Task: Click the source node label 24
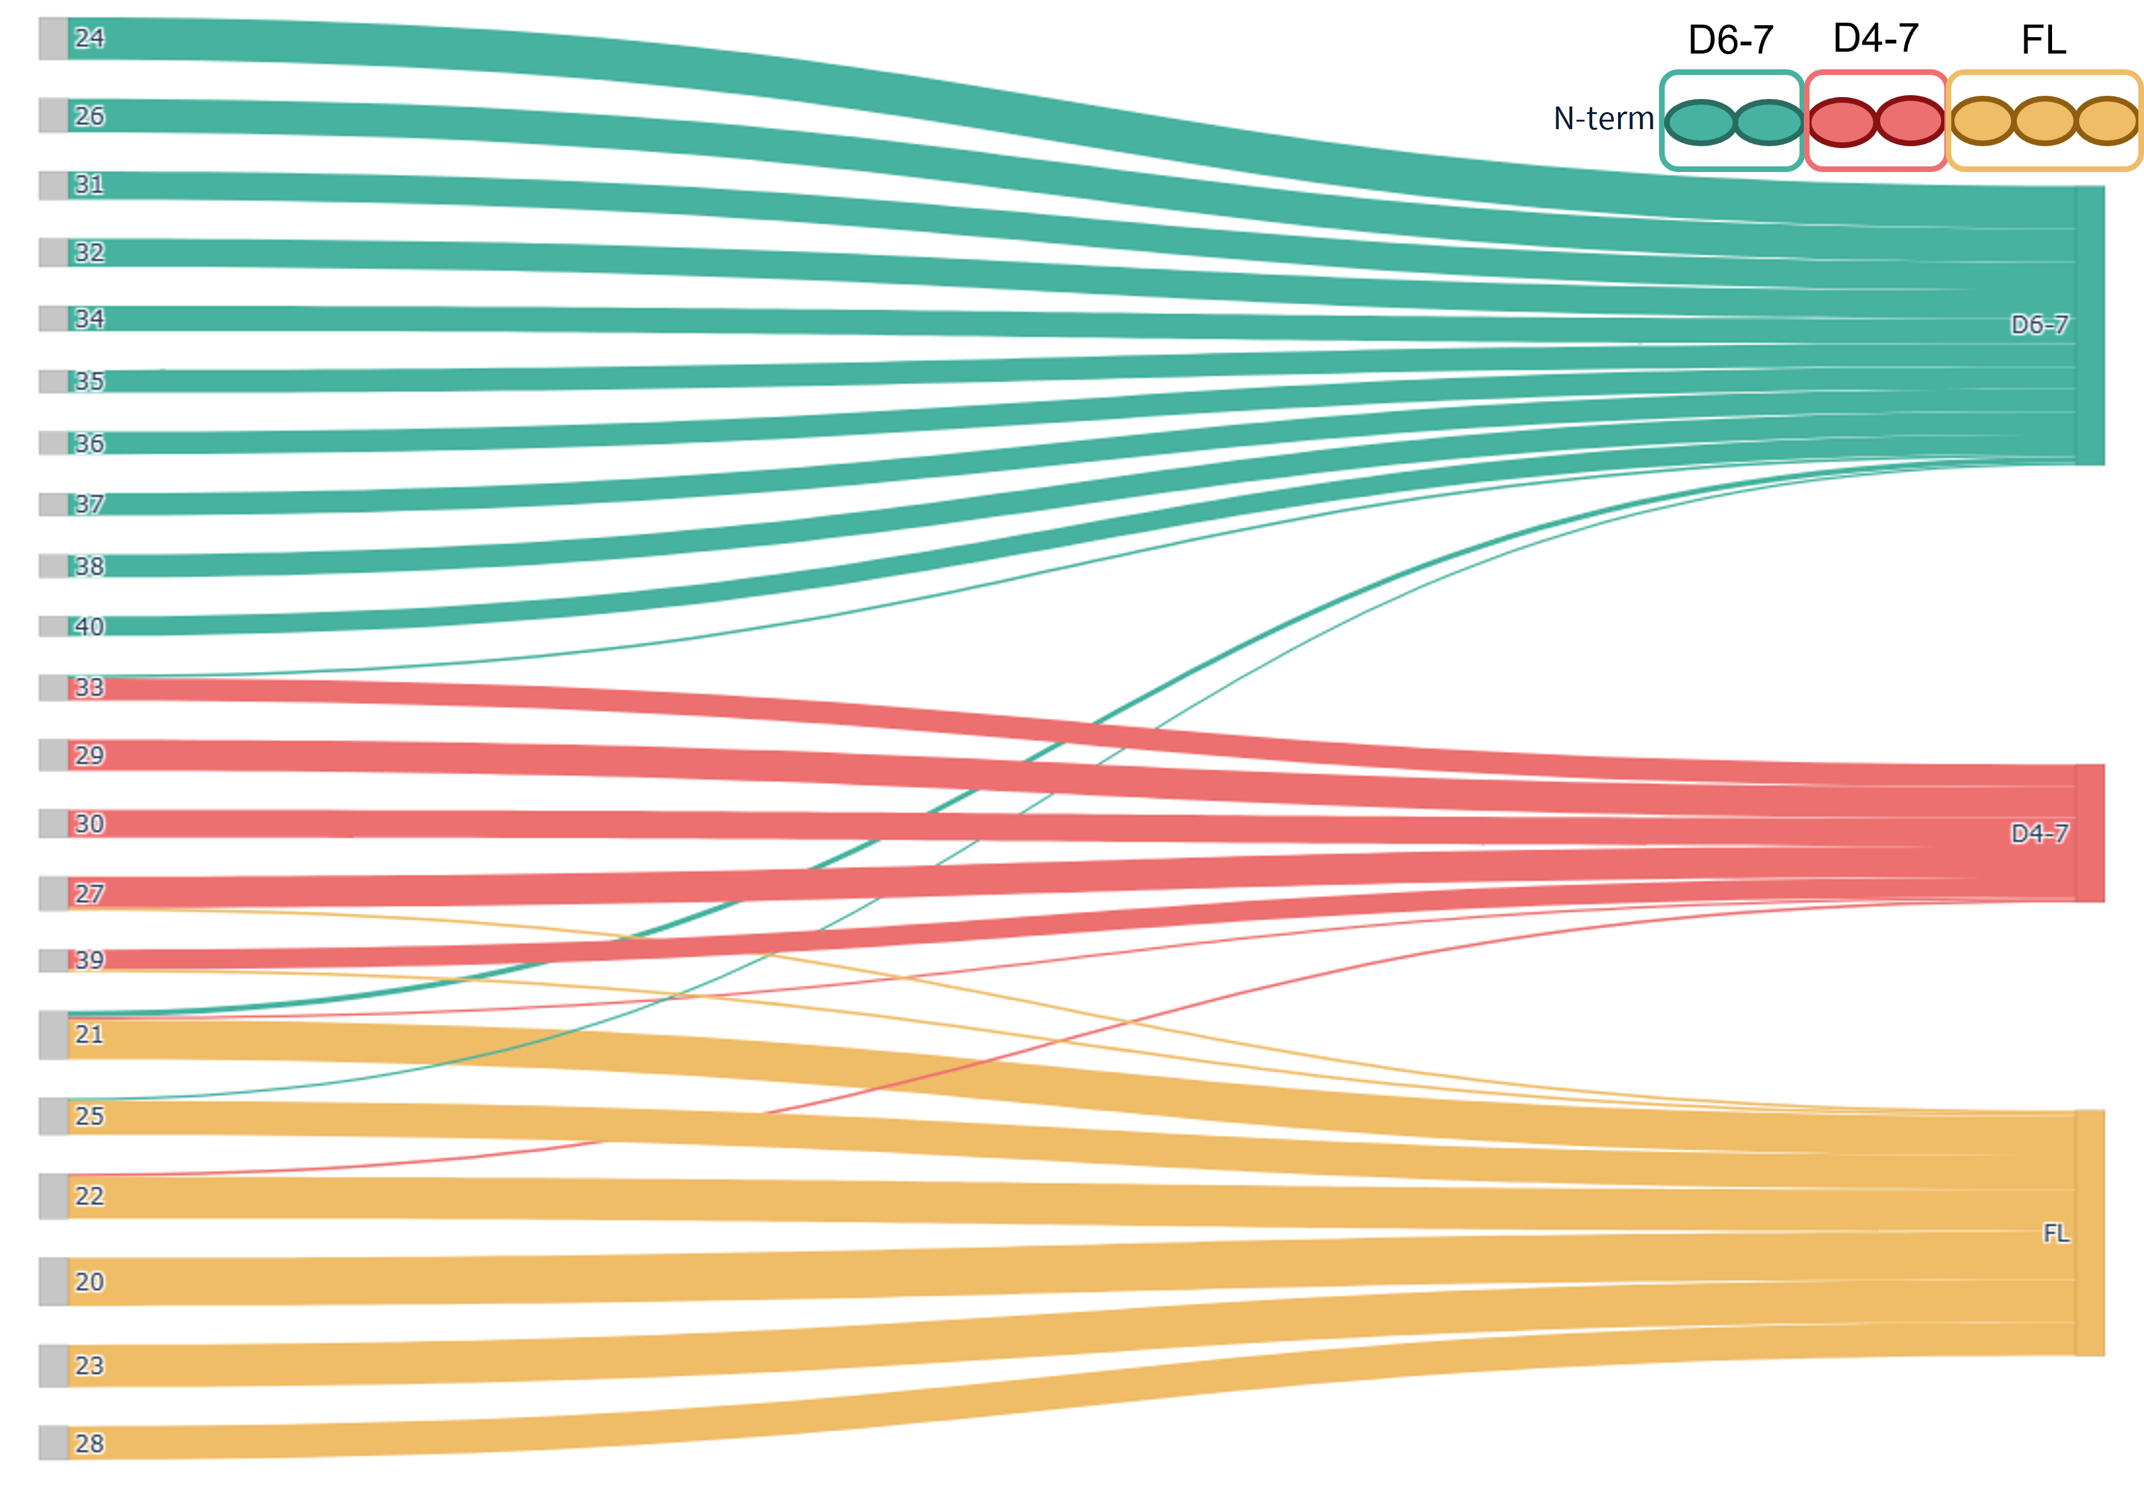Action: [x=89, y=38]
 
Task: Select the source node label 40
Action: [x=89, y=627]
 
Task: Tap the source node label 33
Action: [x=89, y=688]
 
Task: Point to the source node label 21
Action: [x=89, y=1034]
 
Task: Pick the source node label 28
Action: [x=89, y=1444]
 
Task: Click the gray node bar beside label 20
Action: [x=54, y=1282]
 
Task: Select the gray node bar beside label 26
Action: [x=54, y=116]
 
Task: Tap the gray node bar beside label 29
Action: [x=54, y=755]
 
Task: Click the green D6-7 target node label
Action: [x=2039, y=325]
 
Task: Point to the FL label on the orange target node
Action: [x=2055, y=1234]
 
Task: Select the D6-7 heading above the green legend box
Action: [x=1730, y=40]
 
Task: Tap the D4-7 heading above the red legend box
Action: [x=1875, y=38]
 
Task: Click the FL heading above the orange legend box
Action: [x=2043, y=40]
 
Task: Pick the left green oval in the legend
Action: [x=1701, y=122]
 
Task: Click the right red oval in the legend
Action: [x=1910, y=122]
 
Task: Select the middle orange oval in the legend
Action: [x=2044, y=122]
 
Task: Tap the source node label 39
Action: [x=89, y=960]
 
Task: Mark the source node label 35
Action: [x=89, y=381]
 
